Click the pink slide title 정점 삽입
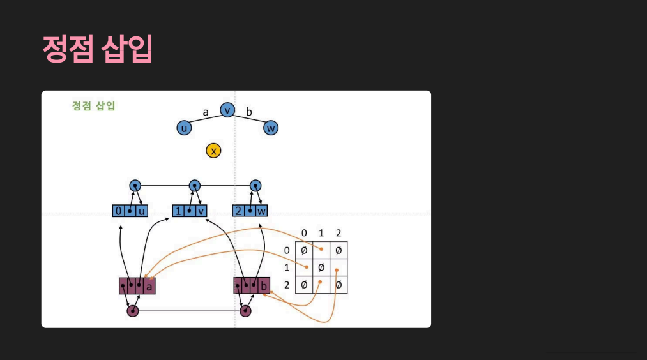(x=97, y=49)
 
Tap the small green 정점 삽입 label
(x=94, y=106)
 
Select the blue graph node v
(x=227, y=110)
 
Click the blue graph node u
(x=185, y=128)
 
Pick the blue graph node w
(x=271, y=128)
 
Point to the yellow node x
(x=214, y=151)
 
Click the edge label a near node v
(x=206, y=112)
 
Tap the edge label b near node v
(x=249, y=112)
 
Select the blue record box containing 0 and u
(x=130, y=211)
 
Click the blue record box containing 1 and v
(x=190, y=211)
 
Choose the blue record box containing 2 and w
(x=250, y=211)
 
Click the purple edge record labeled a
(x=137, y=286)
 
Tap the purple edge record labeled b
(x=252, y=285)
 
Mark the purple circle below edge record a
(x=133, y=311)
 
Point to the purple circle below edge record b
(x=245, y=311)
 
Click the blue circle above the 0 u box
(x=135, y=186)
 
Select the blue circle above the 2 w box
(x=255, y=186)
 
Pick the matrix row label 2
(x=287, y=284)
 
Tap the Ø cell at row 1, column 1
(x=321, y=267)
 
